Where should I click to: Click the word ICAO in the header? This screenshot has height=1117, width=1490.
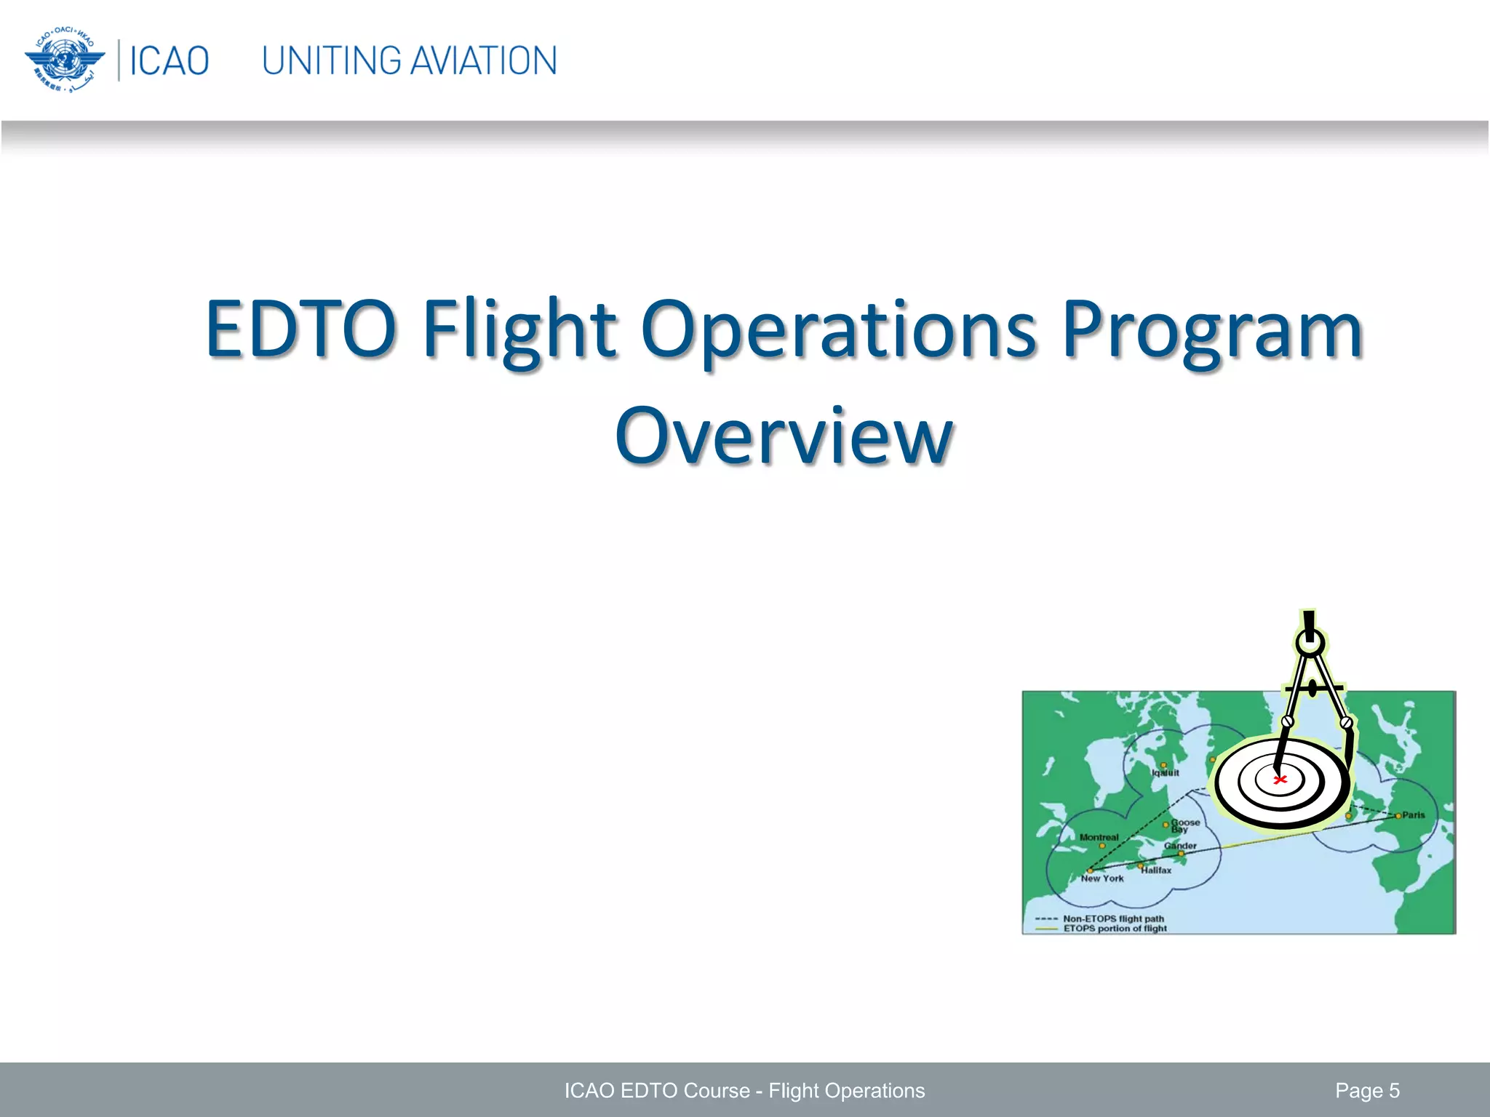point(169,60)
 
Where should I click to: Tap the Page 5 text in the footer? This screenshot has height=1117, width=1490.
point(1367,1091)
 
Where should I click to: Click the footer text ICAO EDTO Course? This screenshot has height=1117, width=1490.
point(656,1091)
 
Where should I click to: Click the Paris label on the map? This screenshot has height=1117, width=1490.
point(1413,815)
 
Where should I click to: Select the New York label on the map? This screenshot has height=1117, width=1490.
point(1102,878)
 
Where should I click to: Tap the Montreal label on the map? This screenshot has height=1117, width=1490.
point(1099,837)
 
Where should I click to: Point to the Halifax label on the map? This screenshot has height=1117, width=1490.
point(1156,870)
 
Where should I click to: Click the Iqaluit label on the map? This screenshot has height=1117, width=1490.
point(1166,773)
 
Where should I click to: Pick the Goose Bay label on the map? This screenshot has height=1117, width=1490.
point(1184,825)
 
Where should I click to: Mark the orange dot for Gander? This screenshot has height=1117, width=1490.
point(1181,854)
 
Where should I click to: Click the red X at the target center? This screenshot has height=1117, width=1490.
point(1280,780)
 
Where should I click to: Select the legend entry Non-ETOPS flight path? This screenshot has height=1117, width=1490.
point(1113,918)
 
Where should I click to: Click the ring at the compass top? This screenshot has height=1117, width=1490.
point(1310,643)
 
